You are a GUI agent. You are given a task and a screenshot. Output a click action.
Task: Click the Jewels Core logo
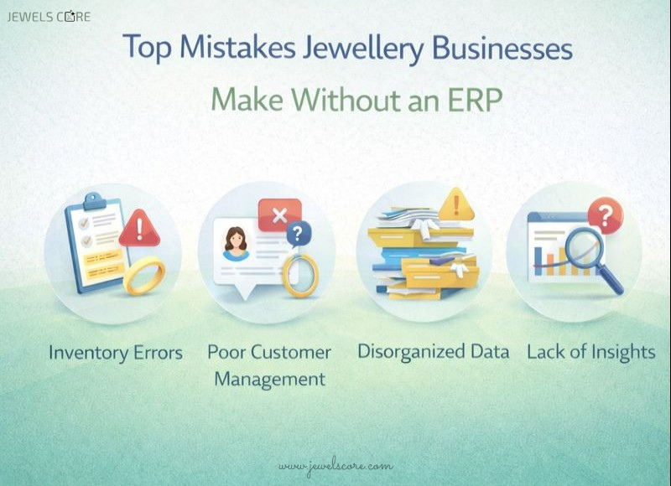[x=49, y=16]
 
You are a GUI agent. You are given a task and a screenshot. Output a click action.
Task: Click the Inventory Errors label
[x=115, y=353]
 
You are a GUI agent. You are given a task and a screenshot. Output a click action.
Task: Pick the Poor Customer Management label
[x=269, y=365]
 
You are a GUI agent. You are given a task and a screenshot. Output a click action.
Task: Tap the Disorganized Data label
[x=433, y=352]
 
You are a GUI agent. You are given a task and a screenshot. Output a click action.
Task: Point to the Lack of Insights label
[x=590, y=352]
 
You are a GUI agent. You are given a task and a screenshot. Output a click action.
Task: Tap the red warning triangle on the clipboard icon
[x=139, y=229]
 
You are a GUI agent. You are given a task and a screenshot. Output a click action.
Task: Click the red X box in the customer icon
[x=279, y=215]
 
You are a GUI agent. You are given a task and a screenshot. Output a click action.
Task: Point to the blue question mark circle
[x=297, y=234]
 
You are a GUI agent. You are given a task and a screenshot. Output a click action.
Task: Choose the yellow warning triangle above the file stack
[x=456, y=204]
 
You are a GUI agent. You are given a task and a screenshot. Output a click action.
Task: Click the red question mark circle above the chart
[x=605, y=215]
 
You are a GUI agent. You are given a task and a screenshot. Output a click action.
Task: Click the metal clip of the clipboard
[x=94, y=201]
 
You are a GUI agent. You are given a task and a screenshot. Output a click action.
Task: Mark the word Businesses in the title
[x=502, y=48]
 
